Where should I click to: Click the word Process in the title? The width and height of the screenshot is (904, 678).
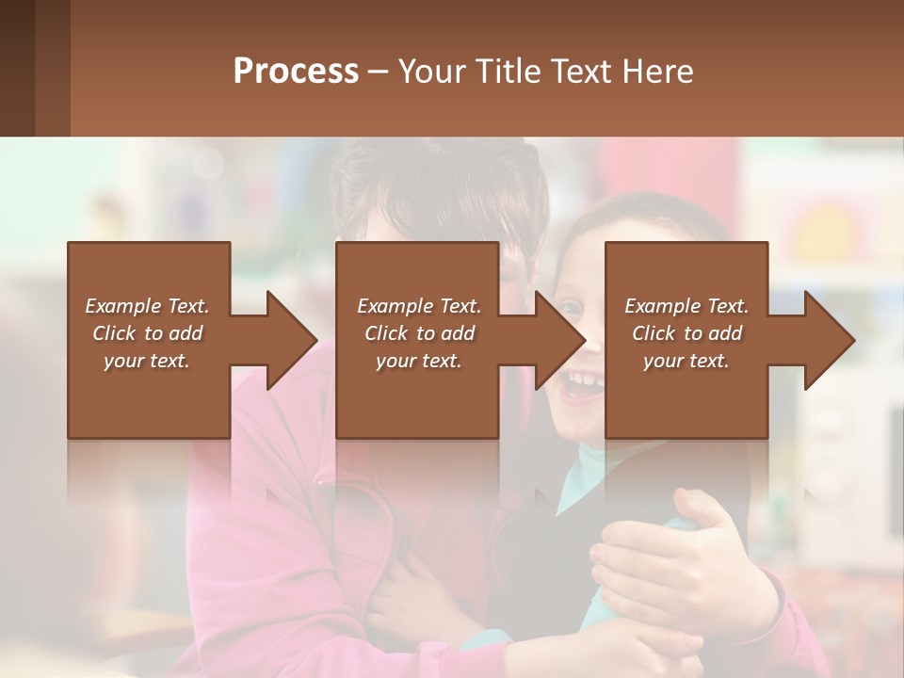click(296, 72)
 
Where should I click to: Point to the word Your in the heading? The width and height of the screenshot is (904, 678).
click(431, 72)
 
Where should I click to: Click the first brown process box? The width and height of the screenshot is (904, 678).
click(149, 395)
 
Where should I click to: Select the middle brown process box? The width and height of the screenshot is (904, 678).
click(417, 395)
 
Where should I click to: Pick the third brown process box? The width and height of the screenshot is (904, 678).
click(686, 395)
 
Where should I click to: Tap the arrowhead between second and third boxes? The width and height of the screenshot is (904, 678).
click(559, 340)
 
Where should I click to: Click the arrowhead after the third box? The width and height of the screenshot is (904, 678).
click(829, 340)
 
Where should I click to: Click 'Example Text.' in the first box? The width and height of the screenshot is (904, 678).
click(147, 306)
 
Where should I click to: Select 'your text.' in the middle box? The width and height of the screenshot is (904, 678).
click(418, 361)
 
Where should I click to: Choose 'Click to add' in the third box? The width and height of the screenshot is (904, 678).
click(686, 333)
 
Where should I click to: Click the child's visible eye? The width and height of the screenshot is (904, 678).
click(571, 308)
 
